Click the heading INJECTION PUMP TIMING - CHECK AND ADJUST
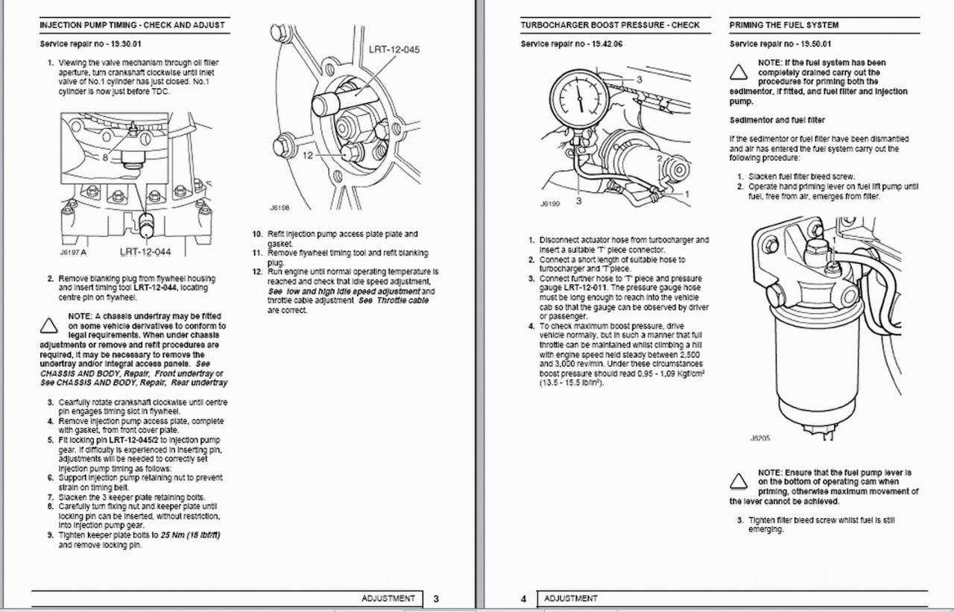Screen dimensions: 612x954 [132, 25]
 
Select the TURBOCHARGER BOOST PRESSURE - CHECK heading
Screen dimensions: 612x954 [610, 25]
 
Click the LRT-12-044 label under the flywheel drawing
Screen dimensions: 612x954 [151, 252]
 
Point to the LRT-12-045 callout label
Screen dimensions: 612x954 [394, 50]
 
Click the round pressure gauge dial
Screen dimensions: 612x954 [578, 100]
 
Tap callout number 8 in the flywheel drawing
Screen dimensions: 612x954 [105, 157]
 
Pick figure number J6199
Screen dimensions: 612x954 [549, 202]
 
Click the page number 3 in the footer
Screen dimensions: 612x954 [436, 599]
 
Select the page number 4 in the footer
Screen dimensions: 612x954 [524, 599]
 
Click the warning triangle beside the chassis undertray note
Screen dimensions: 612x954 [49, 326]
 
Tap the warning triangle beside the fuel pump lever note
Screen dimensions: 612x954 [739, 481]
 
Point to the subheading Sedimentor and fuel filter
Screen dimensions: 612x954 [777, 120]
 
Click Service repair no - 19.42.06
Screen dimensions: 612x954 [572, 44]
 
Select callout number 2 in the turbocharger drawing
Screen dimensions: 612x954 [658, 158]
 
